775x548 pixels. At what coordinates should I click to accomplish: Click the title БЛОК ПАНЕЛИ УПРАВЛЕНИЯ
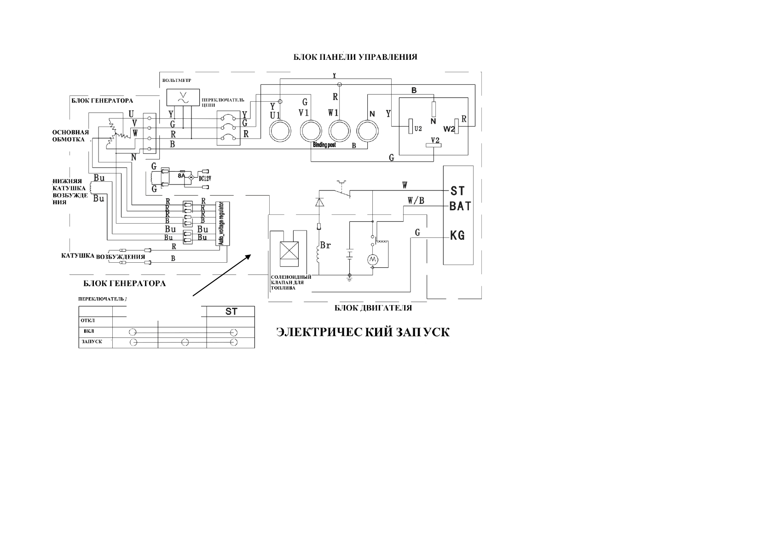click(355, 57)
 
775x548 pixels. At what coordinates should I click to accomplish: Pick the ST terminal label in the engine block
click(457, 190)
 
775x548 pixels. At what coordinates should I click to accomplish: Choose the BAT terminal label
click(460, 206)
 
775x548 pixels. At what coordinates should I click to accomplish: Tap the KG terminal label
click(457, 236)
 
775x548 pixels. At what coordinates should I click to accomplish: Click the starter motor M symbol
click(372, 260)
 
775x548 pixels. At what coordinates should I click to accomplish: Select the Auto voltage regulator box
click(222, 224)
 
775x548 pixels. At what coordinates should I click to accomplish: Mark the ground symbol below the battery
click(350, 277)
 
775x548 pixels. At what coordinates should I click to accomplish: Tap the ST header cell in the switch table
click(231, 311)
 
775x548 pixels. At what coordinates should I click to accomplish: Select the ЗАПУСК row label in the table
click(91, 342)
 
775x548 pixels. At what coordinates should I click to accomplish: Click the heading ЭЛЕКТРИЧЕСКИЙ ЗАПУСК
click(363, 332)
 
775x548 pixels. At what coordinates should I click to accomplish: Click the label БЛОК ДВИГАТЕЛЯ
click(373, 308)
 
